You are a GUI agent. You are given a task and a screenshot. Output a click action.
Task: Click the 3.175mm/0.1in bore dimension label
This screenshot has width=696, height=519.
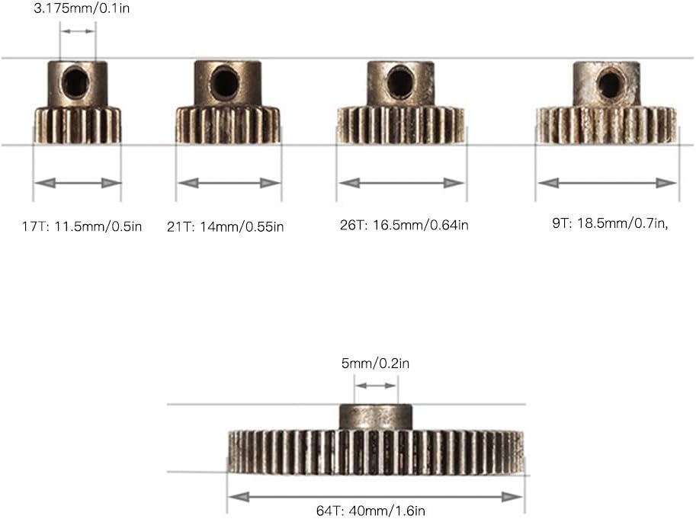click(82, 8)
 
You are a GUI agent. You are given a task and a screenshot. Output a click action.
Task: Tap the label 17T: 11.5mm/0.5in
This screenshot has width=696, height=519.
click(82, 226)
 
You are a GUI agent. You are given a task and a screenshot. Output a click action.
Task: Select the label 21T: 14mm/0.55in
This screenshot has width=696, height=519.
click(225, 226)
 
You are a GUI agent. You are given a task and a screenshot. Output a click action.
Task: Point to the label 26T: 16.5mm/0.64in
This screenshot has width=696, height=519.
click(404, 225)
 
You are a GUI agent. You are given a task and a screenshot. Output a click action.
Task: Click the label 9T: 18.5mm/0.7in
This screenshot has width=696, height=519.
click(610, 223)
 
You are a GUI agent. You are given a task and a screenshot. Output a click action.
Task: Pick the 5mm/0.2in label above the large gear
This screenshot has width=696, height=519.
click(375, 364)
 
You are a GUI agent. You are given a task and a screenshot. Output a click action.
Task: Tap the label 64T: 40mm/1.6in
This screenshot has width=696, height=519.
click(370, 511)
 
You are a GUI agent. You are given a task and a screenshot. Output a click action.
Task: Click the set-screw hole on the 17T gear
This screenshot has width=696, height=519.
click(76, 82)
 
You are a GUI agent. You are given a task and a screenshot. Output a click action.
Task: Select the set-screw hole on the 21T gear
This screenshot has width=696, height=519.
click(225, 82)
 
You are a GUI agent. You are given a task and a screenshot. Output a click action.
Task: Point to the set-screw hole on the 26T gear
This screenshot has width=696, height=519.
click(400, 82)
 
